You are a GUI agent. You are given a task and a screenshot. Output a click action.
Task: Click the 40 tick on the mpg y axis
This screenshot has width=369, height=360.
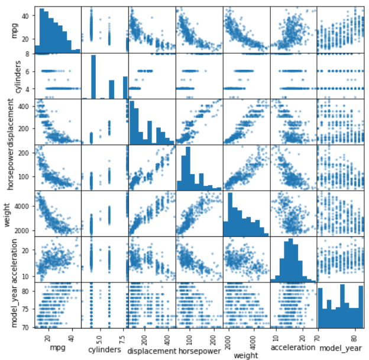coord(28,16)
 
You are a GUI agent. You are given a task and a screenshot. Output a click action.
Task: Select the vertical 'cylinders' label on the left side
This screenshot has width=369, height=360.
coord(8,76)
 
